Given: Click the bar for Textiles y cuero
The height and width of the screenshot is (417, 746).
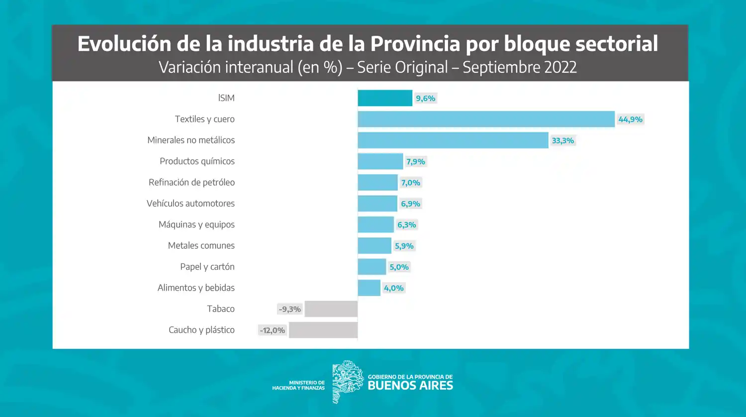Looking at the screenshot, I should (x=486, y=119).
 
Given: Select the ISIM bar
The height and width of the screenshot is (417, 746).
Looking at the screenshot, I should (x=385, y=98).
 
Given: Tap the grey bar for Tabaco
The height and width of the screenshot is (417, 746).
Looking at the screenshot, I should (x=331, y=309).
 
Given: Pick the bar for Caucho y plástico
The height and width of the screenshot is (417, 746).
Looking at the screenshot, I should (x=323, y=330).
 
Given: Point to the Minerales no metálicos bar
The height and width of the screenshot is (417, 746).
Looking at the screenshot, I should (x=453, y=140).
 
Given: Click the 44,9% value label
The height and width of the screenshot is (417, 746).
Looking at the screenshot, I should (x=630, y=119).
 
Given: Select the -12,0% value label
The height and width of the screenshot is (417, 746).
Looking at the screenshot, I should (x=272, y=330).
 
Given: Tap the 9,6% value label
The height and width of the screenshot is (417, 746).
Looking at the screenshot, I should (x=425, y=99).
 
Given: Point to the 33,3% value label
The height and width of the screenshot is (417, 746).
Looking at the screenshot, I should (x=562, y=141).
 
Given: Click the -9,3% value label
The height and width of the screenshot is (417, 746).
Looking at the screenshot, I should (x=289, y=309).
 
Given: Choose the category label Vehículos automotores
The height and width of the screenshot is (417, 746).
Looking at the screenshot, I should (x=190, y=204).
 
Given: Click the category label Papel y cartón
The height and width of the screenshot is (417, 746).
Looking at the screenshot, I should (x=207, y=267).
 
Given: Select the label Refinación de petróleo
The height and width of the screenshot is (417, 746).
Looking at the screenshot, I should (x=191, y=183).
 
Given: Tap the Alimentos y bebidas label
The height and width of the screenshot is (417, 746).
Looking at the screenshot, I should (x=196, y=288).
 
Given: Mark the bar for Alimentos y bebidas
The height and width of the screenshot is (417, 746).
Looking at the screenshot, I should (x=369, y=288).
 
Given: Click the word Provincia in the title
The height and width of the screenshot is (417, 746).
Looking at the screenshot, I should (x=415, y=44).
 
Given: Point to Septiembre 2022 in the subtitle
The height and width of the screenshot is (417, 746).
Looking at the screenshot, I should (x=519, y=67).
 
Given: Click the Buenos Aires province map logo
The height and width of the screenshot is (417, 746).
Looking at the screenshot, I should (x=347, y=382).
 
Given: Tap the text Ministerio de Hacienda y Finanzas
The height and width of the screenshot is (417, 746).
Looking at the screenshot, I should (x=298, y=386).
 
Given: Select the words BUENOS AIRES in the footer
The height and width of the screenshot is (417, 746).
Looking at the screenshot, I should (x=410, y=386).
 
